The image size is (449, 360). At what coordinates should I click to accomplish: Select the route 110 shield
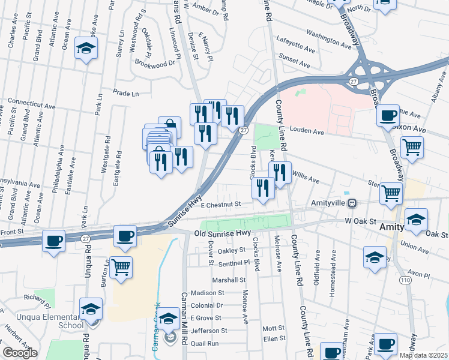[406, 280]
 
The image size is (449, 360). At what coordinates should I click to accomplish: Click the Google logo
[20, 353]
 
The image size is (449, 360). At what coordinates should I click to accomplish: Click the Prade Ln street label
[127, 93]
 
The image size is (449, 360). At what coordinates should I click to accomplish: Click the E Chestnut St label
[221, 204]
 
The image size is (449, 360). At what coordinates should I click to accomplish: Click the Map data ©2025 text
[423, 355]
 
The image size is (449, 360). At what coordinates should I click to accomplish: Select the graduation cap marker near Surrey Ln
[86, 49]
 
